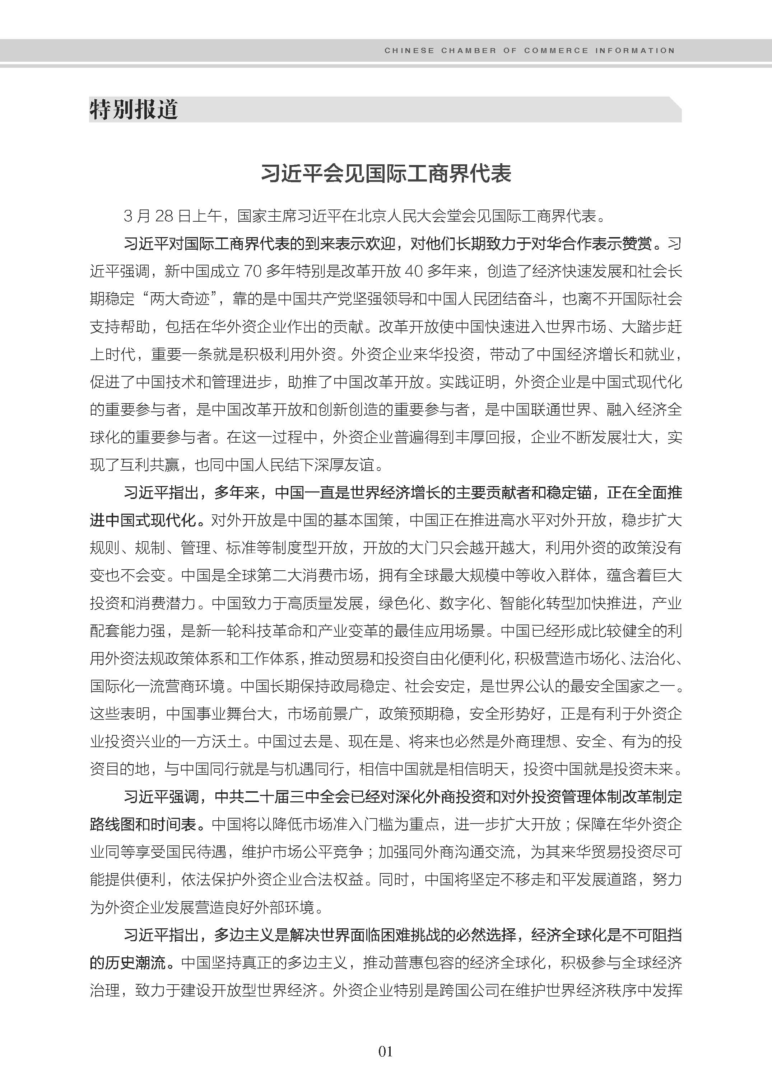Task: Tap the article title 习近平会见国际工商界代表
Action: [x=386, y=174]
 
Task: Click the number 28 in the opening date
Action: [x=164, y=217]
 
